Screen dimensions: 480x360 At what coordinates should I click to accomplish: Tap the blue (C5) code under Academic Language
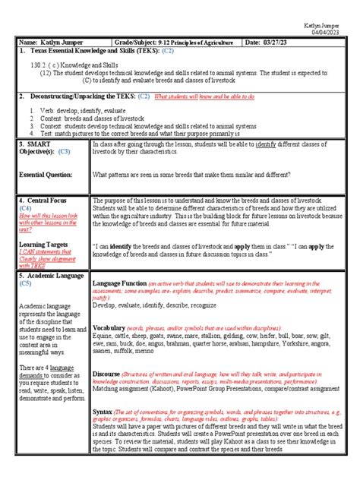click(x=27, y=283)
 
